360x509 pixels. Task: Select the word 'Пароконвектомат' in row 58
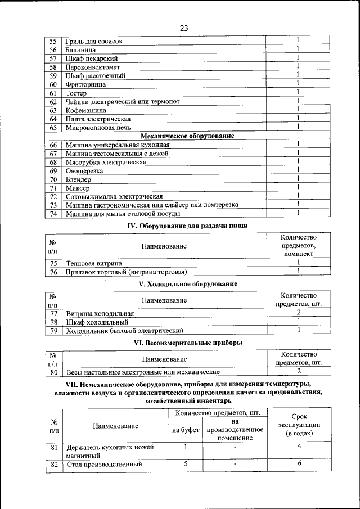pyautogui.click(x=92, y=67)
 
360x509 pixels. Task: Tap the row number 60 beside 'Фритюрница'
pyautogui.click(x=53, y=84)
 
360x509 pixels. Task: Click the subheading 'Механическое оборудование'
pyautogui.click(x=187, y=136)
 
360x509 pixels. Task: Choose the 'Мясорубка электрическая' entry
pyautogui.click(x=106, y=162)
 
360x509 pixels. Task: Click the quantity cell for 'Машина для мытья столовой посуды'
pyautogui.click(x=298, y=213)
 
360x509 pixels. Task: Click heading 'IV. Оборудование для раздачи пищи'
pyautogui.click(x=186, y=226)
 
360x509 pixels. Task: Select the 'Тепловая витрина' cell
pyautogui.click(x=93, y=263)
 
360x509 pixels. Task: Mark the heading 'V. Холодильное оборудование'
pyautogui.click(x=187, y=285)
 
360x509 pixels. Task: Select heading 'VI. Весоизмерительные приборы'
pyautogui.click(x=187, y=342)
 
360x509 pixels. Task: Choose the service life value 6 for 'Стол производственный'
pyautogui.click(x=299, y=463)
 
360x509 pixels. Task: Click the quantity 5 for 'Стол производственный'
pyautogui.click(x=185, y=463)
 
